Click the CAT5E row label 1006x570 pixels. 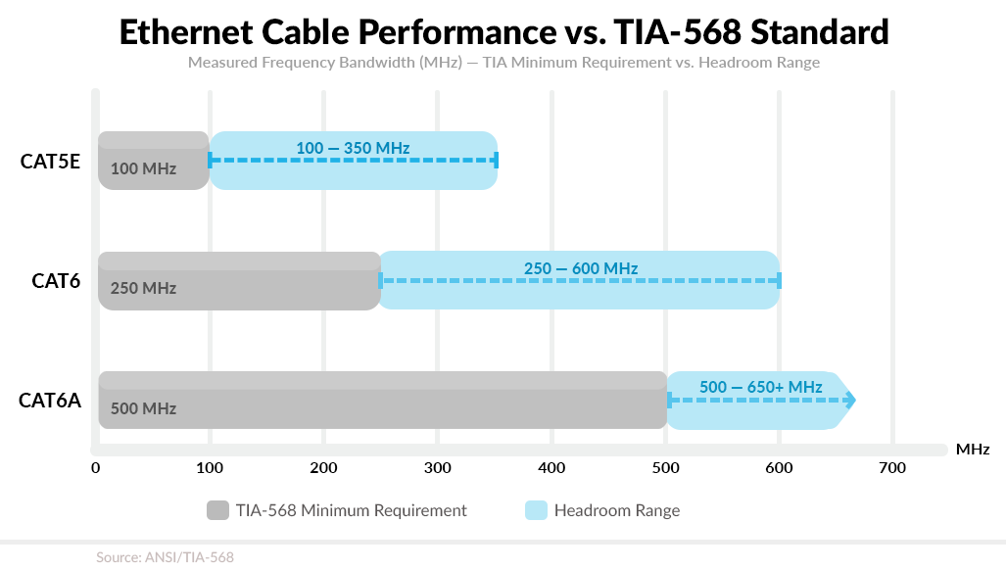point(50,161)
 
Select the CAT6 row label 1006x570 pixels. point(56,281)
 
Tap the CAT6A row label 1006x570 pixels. point(50,401)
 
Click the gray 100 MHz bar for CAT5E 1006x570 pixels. point(153,161)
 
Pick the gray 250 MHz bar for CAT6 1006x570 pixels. point(239,281)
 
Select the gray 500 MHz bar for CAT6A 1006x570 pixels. point(382,401)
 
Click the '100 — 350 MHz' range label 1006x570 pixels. point(353,148)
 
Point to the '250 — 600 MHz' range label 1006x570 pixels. point(581,268)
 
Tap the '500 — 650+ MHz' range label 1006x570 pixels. point(760,387)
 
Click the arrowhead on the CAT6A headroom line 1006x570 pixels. point(850,401)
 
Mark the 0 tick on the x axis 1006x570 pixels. point(95,468)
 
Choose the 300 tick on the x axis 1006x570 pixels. point(437,468)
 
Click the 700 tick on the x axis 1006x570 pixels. point(892,468)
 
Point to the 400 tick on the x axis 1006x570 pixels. point(551,468)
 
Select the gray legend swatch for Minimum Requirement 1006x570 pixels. point(217,510)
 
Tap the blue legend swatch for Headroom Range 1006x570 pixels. point(536,510)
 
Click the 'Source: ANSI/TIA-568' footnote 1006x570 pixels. point(165,557)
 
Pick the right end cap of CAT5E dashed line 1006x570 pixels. point(497,161)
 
